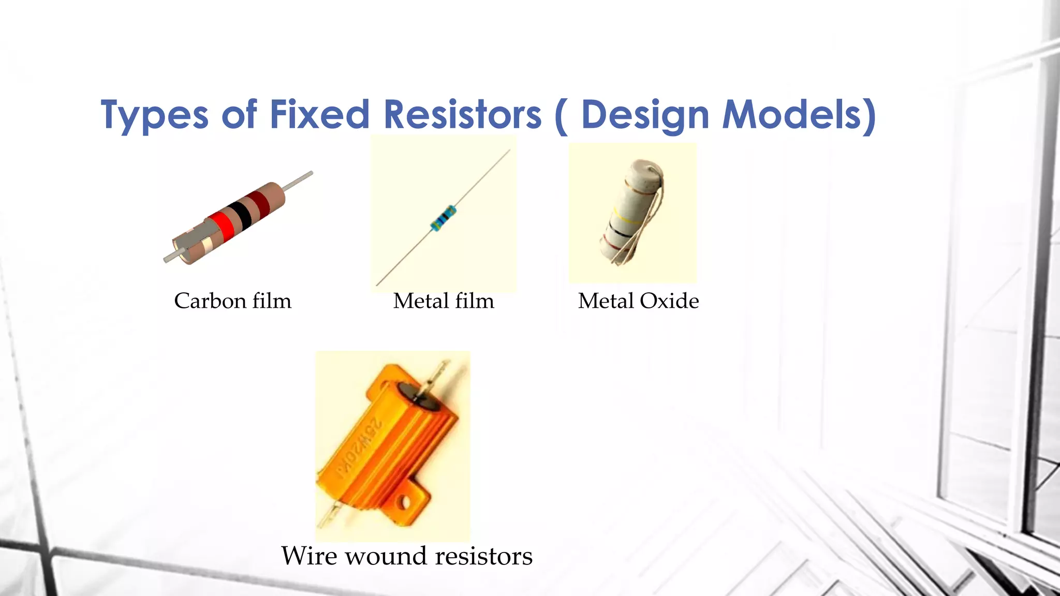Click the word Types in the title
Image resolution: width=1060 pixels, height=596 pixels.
154,115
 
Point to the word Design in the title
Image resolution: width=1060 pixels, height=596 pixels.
644,115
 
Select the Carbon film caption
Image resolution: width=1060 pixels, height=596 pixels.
232,301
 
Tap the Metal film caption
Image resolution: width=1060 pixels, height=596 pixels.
444,301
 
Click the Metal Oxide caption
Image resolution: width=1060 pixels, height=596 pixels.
638,301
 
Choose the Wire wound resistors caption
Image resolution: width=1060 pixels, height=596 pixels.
407,556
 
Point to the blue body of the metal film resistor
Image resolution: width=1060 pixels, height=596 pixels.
444,217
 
